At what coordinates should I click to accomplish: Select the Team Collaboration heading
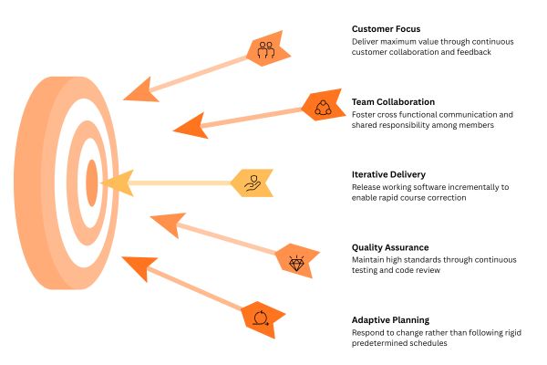click(393, 101)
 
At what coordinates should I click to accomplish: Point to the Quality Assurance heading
click(390, 247)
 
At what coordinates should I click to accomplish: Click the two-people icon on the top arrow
click(265, 50)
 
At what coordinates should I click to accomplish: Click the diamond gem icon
click(296, 263)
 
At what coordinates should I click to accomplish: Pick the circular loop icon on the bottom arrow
click(260, 318)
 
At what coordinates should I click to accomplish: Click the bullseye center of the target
click(91, 182)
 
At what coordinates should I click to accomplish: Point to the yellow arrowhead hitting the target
click(116, 183)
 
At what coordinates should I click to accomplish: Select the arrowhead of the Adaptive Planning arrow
click(137, 267)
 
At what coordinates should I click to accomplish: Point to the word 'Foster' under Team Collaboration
click(365, 115)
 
